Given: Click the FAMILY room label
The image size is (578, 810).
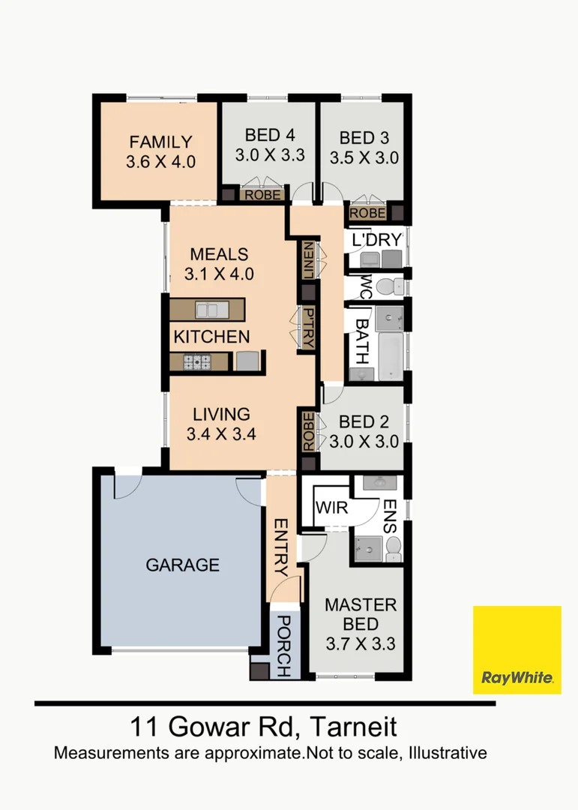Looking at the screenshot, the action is click(160, 142).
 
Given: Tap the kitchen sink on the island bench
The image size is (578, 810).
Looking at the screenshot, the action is click(211, 310).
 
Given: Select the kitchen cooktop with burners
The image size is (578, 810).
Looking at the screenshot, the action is click(197, 362).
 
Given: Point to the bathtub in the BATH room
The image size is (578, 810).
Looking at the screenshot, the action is click(391, 356).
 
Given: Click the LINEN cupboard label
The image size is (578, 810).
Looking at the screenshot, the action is click(308, 260).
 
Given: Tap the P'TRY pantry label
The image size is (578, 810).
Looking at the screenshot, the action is click(308, 328).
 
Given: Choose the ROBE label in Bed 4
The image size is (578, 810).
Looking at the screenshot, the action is click(263, 195).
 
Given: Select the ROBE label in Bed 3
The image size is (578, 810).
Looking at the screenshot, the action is click(368, 213).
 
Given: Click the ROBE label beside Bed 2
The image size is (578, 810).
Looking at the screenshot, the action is click(308, 432).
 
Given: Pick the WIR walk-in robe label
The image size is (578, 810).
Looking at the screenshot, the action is click(331, 508).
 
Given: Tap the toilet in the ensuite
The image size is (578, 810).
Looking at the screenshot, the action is click(394, 549).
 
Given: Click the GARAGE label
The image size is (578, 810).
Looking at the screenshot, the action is click(182, 565).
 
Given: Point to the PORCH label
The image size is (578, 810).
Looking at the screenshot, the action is click(283, 646).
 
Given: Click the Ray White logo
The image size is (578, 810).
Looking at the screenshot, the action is click(517, 649).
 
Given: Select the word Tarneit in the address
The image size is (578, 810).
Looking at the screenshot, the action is click(354, 727).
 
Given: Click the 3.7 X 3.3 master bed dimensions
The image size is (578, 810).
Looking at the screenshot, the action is click(361, 643).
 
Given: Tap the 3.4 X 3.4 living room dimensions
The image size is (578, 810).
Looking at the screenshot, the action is click(221, 434).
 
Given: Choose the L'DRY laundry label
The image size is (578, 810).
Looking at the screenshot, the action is click(376, 240).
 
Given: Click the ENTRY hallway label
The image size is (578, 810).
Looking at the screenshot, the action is click(282, 547).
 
